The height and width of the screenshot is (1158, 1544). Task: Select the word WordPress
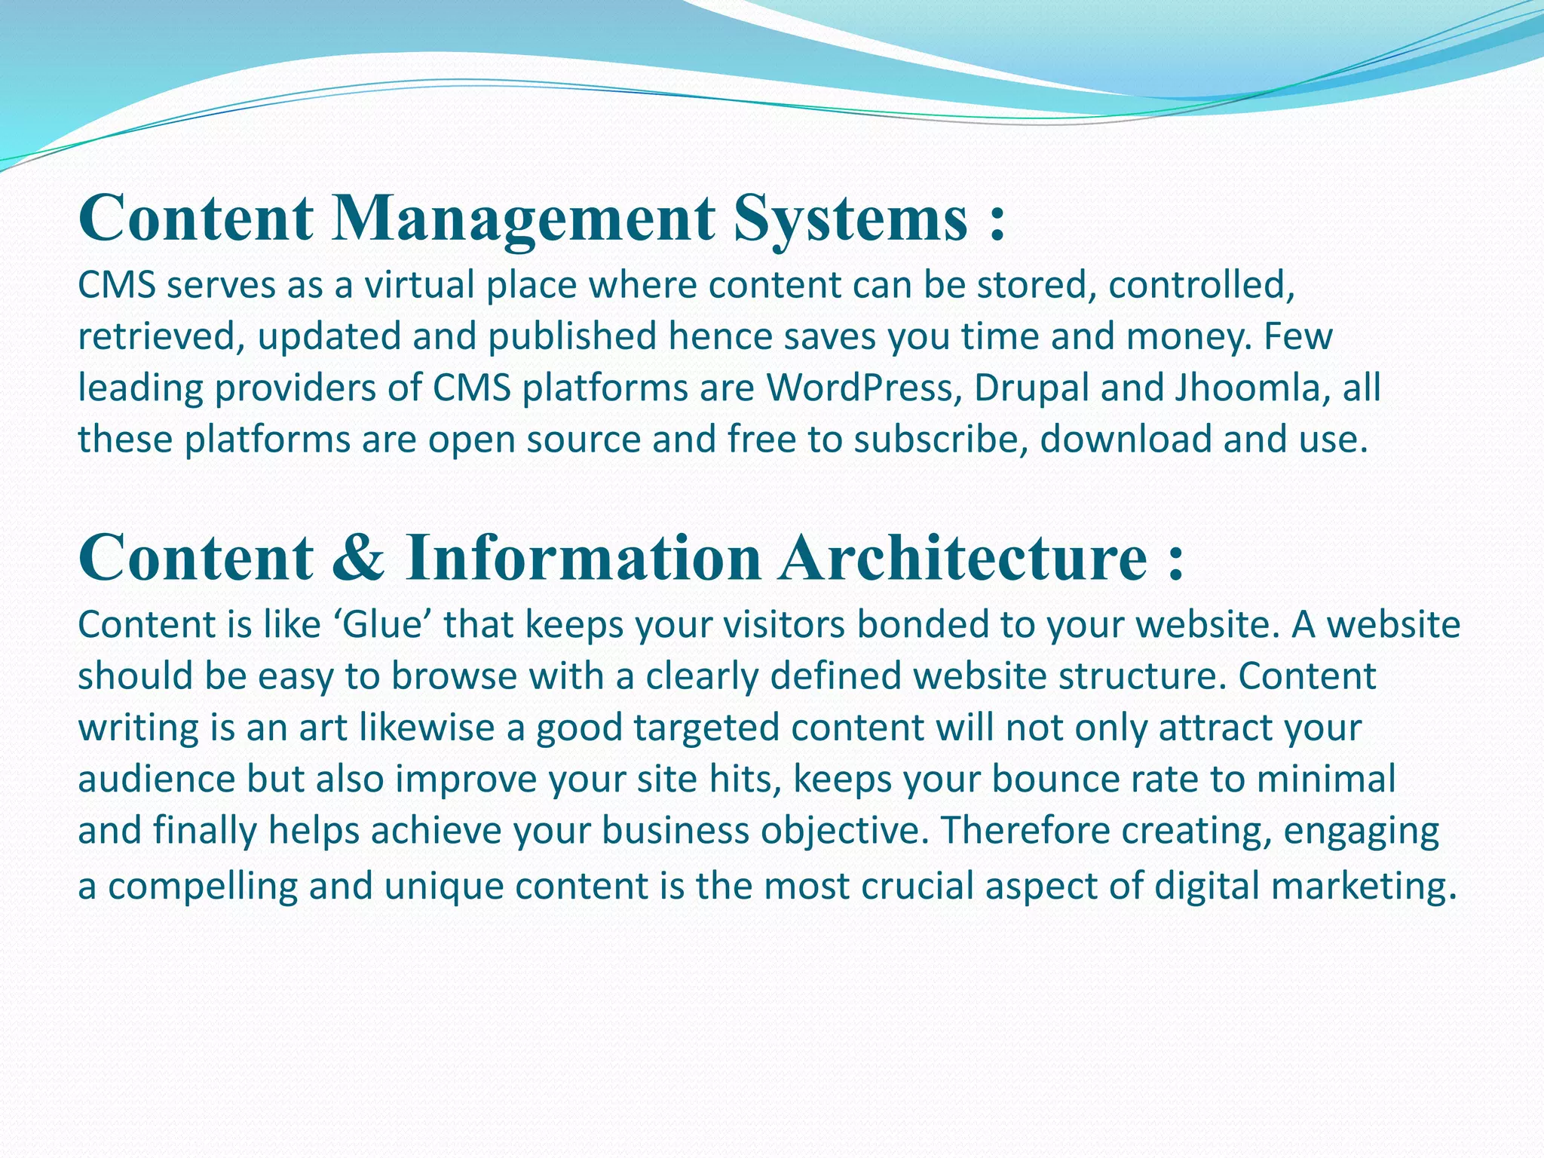(864, 388)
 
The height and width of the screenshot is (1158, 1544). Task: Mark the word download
(1126, 440)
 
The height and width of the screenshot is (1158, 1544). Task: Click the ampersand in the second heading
(359, 559)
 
